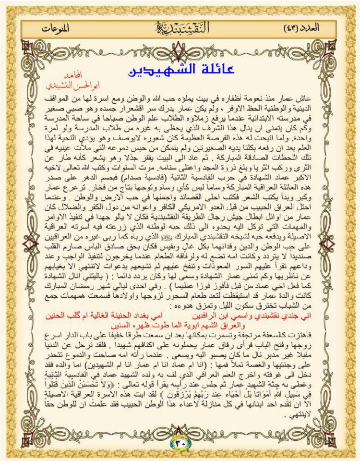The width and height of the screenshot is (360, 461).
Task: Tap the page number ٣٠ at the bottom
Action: (180, 441)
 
